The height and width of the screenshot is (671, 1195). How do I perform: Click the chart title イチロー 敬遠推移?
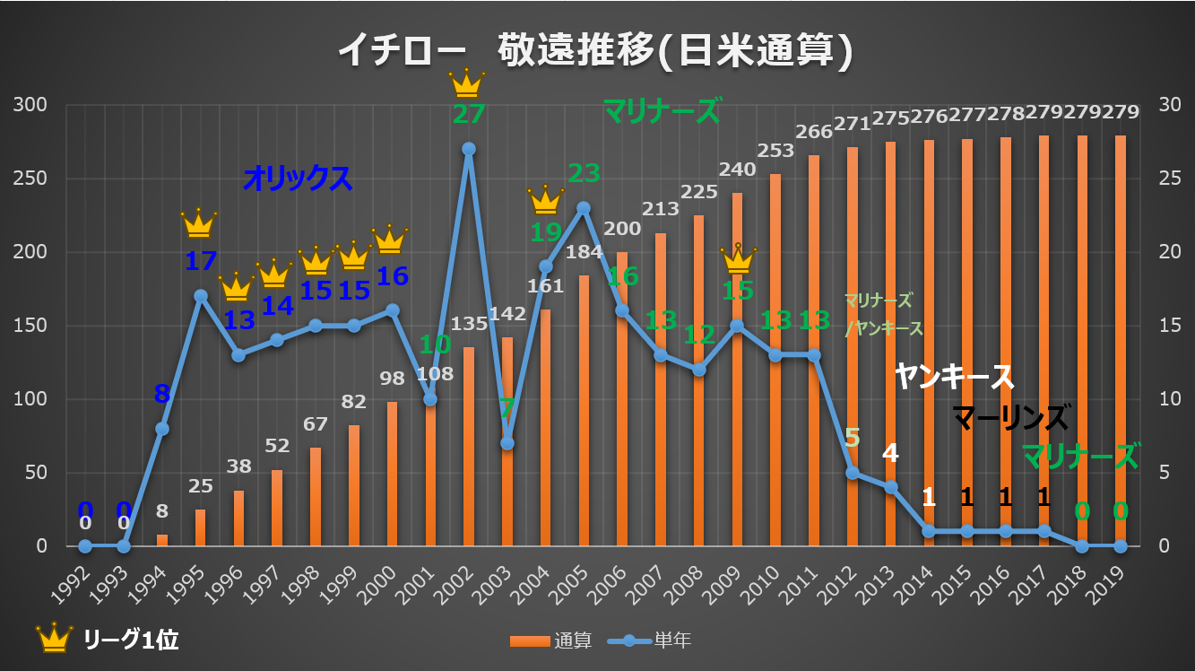tap(594, 51)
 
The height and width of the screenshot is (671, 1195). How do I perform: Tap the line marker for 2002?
tap(469, 149)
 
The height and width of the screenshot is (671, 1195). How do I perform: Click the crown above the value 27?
tap(467, 83)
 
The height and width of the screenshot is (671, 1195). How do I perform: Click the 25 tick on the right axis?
tap(1168, 179)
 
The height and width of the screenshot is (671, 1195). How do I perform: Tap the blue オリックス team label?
tap(298, 179)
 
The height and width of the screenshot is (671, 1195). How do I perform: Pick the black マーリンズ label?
tap(1010, 417)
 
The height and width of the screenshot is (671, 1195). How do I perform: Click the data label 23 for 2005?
tap(583, 172)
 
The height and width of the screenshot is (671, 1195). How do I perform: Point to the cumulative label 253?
tap(775, 150)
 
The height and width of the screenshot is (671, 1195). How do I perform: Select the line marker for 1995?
tap(201, 296)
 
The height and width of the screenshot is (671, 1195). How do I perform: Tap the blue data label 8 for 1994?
tap(162, 394)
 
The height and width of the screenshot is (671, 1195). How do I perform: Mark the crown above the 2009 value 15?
tap(738, 259)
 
